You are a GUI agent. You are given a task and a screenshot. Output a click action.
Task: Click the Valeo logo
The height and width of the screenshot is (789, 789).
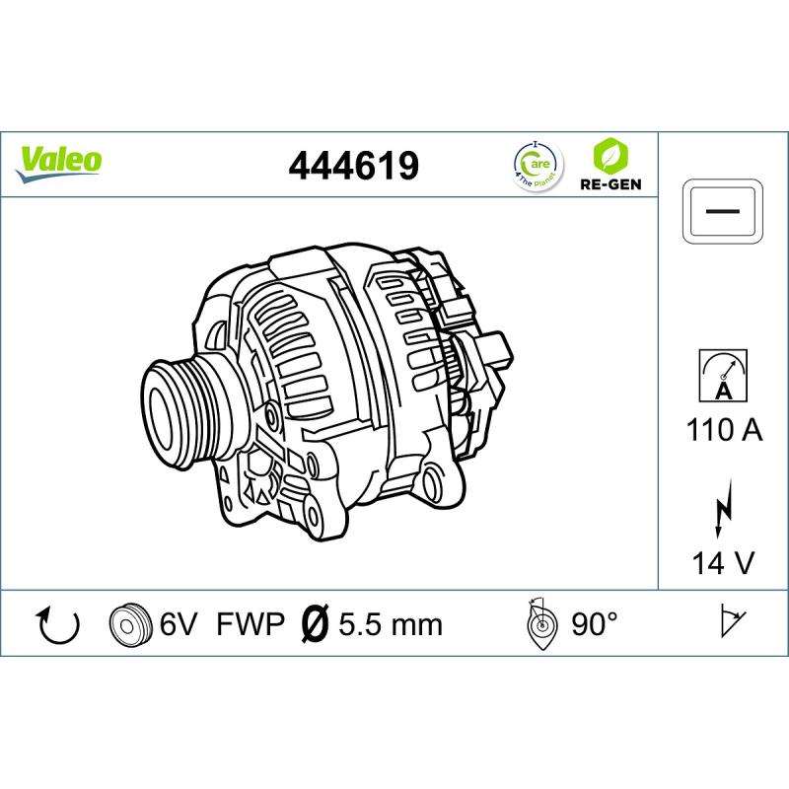pos(59,164)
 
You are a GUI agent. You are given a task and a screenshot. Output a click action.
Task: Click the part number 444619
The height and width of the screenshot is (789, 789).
pos(353,166)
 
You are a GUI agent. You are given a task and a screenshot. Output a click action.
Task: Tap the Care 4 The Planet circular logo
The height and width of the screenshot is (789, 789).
pos(538,166)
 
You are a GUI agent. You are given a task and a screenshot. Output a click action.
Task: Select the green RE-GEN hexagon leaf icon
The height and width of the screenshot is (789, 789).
pos(610,155)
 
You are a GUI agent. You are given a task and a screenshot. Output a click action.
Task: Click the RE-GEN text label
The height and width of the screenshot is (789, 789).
pos(610,183)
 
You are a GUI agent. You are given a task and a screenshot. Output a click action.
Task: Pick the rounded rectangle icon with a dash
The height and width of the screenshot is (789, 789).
pos(723,211)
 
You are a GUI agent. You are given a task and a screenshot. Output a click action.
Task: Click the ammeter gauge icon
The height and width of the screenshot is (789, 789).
pos(723,376)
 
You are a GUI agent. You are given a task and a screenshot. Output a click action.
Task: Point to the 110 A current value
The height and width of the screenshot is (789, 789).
pos(724,430)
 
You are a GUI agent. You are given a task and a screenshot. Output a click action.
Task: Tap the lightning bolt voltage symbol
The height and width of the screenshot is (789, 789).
pos(724,508)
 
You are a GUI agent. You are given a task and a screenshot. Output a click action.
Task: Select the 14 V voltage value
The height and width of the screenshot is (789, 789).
pos(724,562)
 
